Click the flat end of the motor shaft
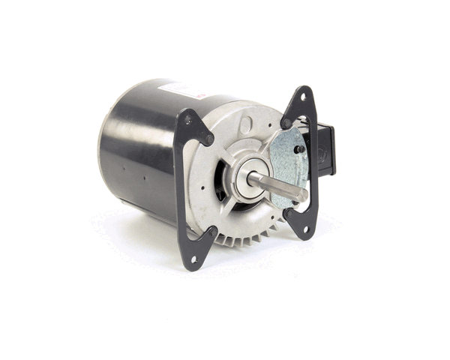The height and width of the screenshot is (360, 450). tap(304, 194)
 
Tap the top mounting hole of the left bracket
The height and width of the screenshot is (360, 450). tap(187, 118)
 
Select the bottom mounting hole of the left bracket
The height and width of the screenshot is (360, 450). tap(193, 259)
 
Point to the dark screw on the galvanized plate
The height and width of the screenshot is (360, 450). tap(298, 148)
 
